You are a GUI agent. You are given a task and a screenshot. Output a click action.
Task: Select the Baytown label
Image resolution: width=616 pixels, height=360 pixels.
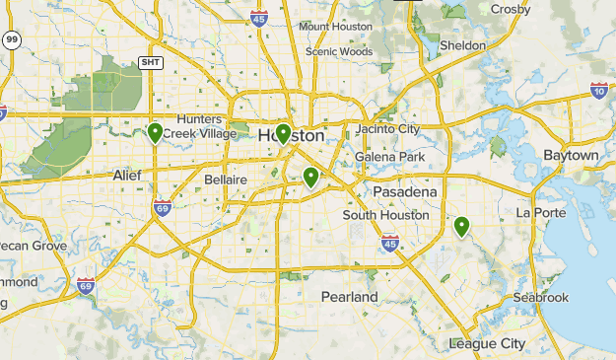[571, 156]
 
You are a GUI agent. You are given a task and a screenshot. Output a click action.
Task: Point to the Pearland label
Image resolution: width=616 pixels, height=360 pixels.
[349, 297]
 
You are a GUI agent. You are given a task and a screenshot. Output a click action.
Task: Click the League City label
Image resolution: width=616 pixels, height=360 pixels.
[487, 343]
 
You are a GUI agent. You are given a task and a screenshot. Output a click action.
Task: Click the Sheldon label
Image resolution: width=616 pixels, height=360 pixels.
[463, 45]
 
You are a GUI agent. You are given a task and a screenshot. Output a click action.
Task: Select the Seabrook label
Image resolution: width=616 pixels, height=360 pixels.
[540, 298]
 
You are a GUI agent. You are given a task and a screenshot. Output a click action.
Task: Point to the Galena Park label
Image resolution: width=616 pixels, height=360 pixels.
[389, 157]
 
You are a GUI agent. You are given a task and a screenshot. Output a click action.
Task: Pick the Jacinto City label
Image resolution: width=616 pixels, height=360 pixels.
[387, 129]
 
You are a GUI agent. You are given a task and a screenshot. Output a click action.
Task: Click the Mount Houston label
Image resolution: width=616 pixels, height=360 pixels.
[334, 26]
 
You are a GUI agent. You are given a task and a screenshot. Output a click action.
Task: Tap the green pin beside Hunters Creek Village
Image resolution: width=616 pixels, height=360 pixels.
[155, 133]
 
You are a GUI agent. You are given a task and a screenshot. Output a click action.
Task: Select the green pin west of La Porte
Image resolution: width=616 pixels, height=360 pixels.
[461, 227]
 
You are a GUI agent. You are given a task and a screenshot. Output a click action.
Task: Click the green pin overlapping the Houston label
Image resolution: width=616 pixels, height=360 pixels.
[283, 133]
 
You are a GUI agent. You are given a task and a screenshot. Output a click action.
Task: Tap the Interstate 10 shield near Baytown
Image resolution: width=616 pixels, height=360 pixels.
[599, 91]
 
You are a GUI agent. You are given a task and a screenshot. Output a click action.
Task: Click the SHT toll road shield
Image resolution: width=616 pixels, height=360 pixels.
[150, 62]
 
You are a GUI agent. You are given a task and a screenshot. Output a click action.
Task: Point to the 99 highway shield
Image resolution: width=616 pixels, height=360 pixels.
[11, 40]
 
